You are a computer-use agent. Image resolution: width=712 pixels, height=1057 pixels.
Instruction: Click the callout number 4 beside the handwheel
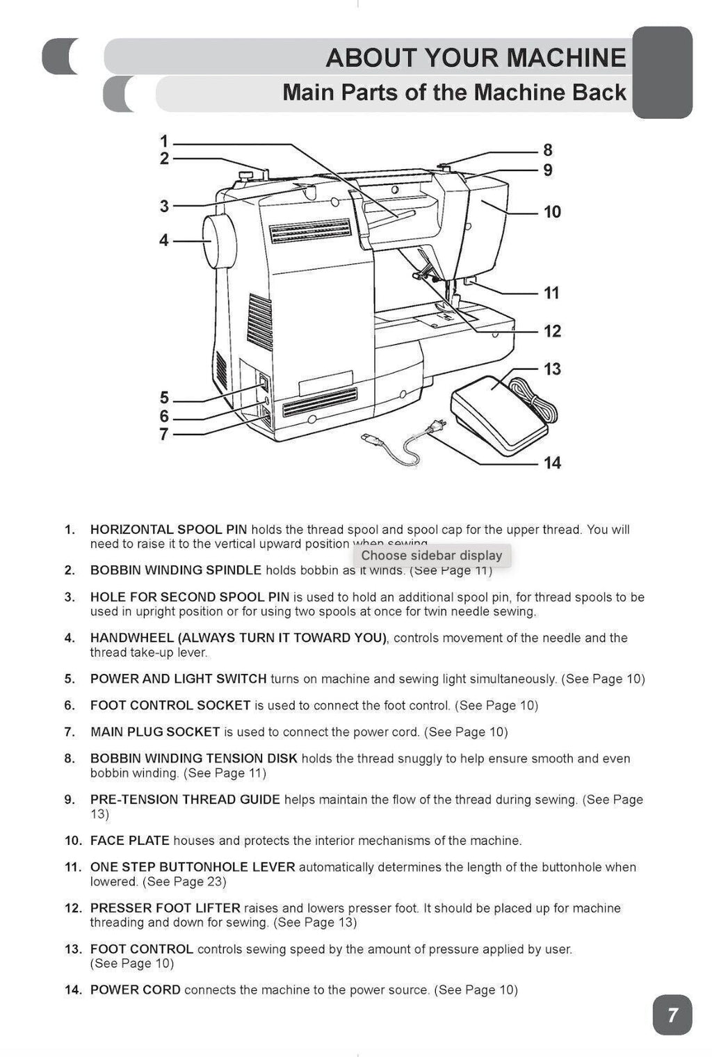(x=164, y=241)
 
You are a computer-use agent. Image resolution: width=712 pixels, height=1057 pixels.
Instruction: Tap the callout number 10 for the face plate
(x=552, y=212)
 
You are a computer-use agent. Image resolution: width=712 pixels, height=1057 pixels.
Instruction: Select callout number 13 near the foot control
(x=552, y=369)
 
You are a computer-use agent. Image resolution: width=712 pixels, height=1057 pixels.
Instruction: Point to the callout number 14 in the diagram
(x=552, y=463)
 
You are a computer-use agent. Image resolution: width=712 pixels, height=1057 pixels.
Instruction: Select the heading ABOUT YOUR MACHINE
(x=476, y=58)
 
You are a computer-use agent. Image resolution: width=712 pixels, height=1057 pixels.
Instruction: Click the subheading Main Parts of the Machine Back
(x=454, y=92)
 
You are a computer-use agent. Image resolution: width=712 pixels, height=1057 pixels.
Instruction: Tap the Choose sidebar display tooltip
(x=431, y=556)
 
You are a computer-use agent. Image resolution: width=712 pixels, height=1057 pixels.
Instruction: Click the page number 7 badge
(x=672, y=1015)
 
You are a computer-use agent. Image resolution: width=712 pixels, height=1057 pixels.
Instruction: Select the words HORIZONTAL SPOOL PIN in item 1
(x=168, y=530)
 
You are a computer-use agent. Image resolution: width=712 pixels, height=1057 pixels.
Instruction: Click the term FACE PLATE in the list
(x=129, y=841)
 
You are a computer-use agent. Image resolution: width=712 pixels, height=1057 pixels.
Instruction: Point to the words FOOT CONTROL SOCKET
(x=170, y=706)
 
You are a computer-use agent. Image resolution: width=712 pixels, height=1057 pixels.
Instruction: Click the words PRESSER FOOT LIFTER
(x=165, y=908)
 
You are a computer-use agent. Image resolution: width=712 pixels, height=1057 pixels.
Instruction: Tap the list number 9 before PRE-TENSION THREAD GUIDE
(x=69, y=800)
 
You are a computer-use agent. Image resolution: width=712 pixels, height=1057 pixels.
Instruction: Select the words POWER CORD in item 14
(x=135, y=990)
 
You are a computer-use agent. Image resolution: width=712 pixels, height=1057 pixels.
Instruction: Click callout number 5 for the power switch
(x=164, y=398)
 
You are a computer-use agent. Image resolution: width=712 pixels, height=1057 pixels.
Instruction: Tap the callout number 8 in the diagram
(x=548, y=150)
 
